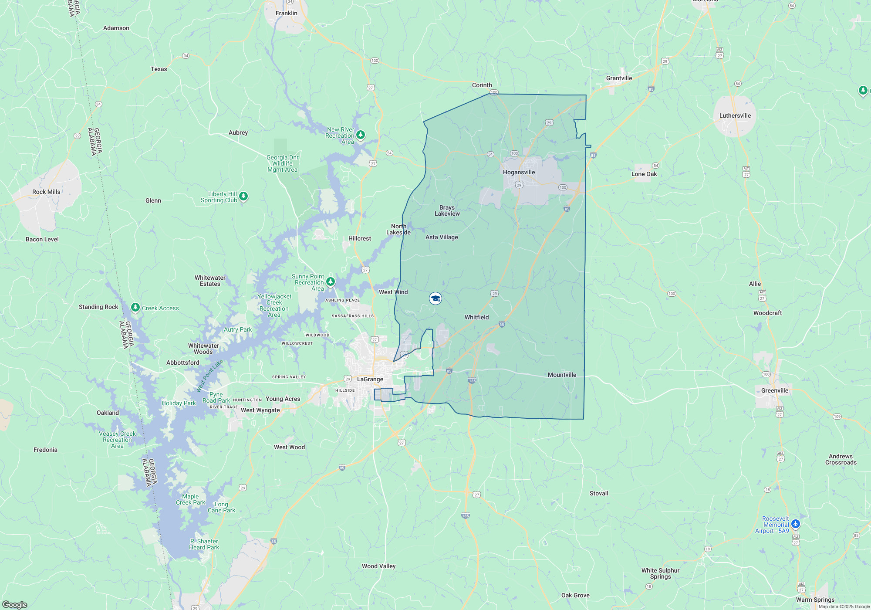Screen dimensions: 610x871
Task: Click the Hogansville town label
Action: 519,172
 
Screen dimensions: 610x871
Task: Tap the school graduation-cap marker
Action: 435,298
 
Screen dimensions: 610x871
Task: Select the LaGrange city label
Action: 370,379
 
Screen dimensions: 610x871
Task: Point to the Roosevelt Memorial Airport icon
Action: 796,524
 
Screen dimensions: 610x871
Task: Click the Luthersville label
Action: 735,115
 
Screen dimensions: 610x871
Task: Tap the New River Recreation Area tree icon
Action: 361,135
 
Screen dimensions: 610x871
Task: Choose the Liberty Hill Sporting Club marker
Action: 243,197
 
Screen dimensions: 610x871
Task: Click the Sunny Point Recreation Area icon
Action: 331,281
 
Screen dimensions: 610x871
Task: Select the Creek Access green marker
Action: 135,308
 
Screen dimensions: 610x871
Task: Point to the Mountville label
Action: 562,375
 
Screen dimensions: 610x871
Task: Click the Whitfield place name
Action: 476,317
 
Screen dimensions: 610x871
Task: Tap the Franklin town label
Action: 287,13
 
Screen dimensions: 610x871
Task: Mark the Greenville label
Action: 775,390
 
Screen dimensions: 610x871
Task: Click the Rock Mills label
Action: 46,192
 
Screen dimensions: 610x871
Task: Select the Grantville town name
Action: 619,78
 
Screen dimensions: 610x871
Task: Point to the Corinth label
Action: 482,85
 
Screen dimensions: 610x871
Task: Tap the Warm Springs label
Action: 815,600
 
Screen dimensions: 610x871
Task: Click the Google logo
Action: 15,604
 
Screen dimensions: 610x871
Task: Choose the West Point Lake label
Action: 209,375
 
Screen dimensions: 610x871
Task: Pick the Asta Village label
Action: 442,237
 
